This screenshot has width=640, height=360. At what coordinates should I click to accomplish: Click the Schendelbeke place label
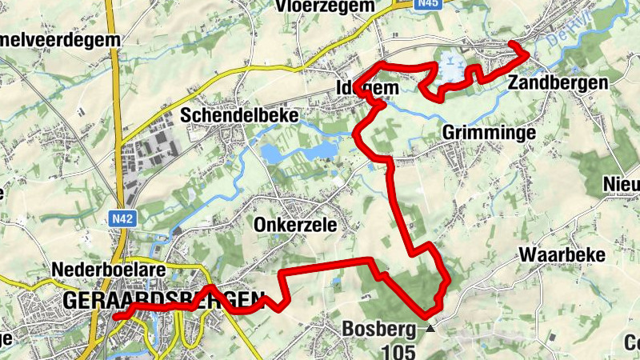239,115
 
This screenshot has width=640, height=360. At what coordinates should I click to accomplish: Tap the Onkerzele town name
295,225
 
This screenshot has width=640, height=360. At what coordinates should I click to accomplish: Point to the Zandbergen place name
558,82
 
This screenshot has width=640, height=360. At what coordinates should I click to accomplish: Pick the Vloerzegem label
325,6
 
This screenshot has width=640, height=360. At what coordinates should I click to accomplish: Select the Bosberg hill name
379,328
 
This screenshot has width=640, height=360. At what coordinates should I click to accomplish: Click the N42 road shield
122,216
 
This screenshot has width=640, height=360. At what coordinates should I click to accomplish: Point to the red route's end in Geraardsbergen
117,317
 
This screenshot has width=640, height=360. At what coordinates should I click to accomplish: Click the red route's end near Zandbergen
526,53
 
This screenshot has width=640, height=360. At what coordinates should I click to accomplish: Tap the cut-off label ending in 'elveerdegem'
60,38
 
